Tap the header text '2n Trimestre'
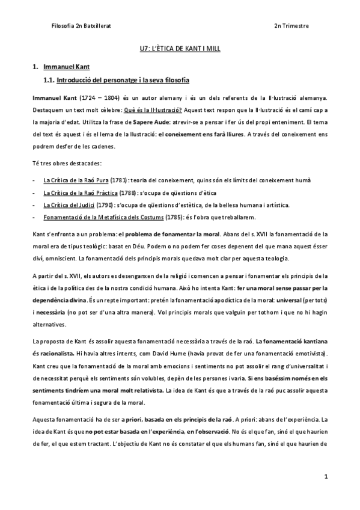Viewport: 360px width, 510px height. [x=291, y=26]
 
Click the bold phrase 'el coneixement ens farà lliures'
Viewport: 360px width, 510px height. [x=208, y=135]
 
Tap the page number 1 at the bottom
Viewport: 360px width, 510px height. [x=325, y=477]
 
